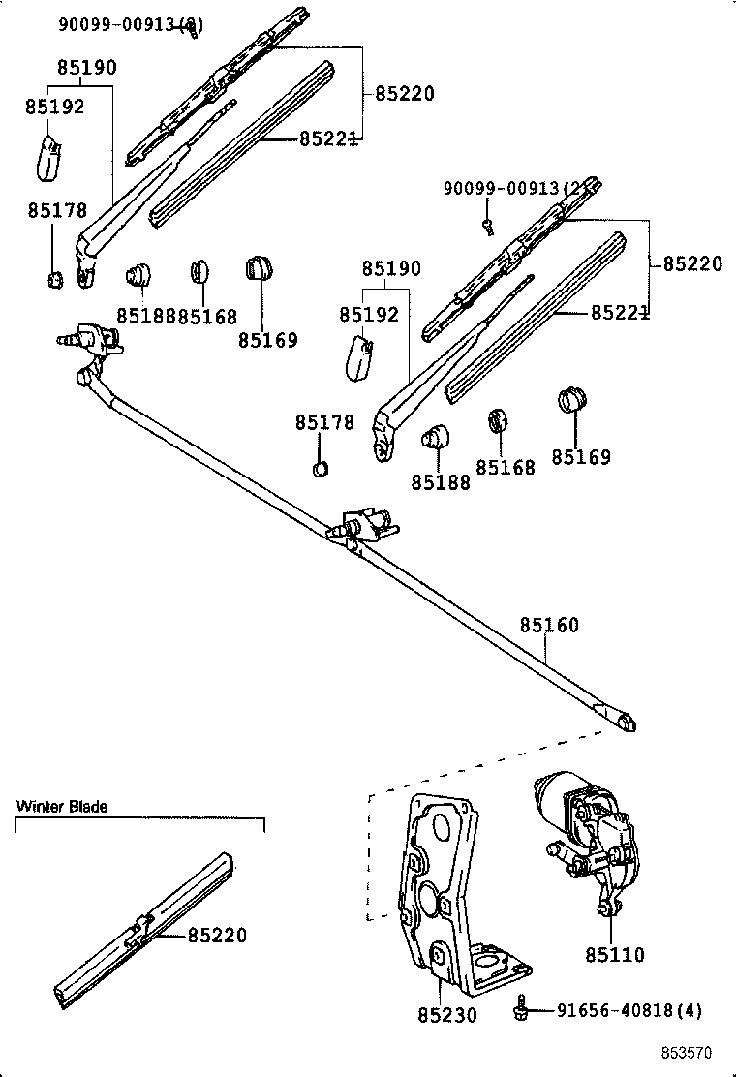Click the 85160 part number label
pyautogui.click(x=548, y=626)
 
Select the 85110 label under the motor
pyautogui.click(x=614, y=955)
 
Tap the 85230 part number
pyautogui.click(x=447, y=1015)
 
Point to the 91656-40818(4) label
pyautogui.click(x=629, y=1010)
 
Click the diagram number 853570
pyautogui.click(x=687, y=1052)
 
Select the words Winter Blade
pyautogui.click(x=62, y=806)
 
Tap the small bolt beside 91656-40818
pyautogui.click(x=520, y=1009)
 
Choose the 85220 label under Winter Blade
pyautogui.click(x=217, y=936)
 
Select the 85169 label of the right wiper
pyautogui.click(x=581, y=457)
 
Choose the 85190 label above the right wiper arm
pyautogui.click(x=391, y=269)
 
